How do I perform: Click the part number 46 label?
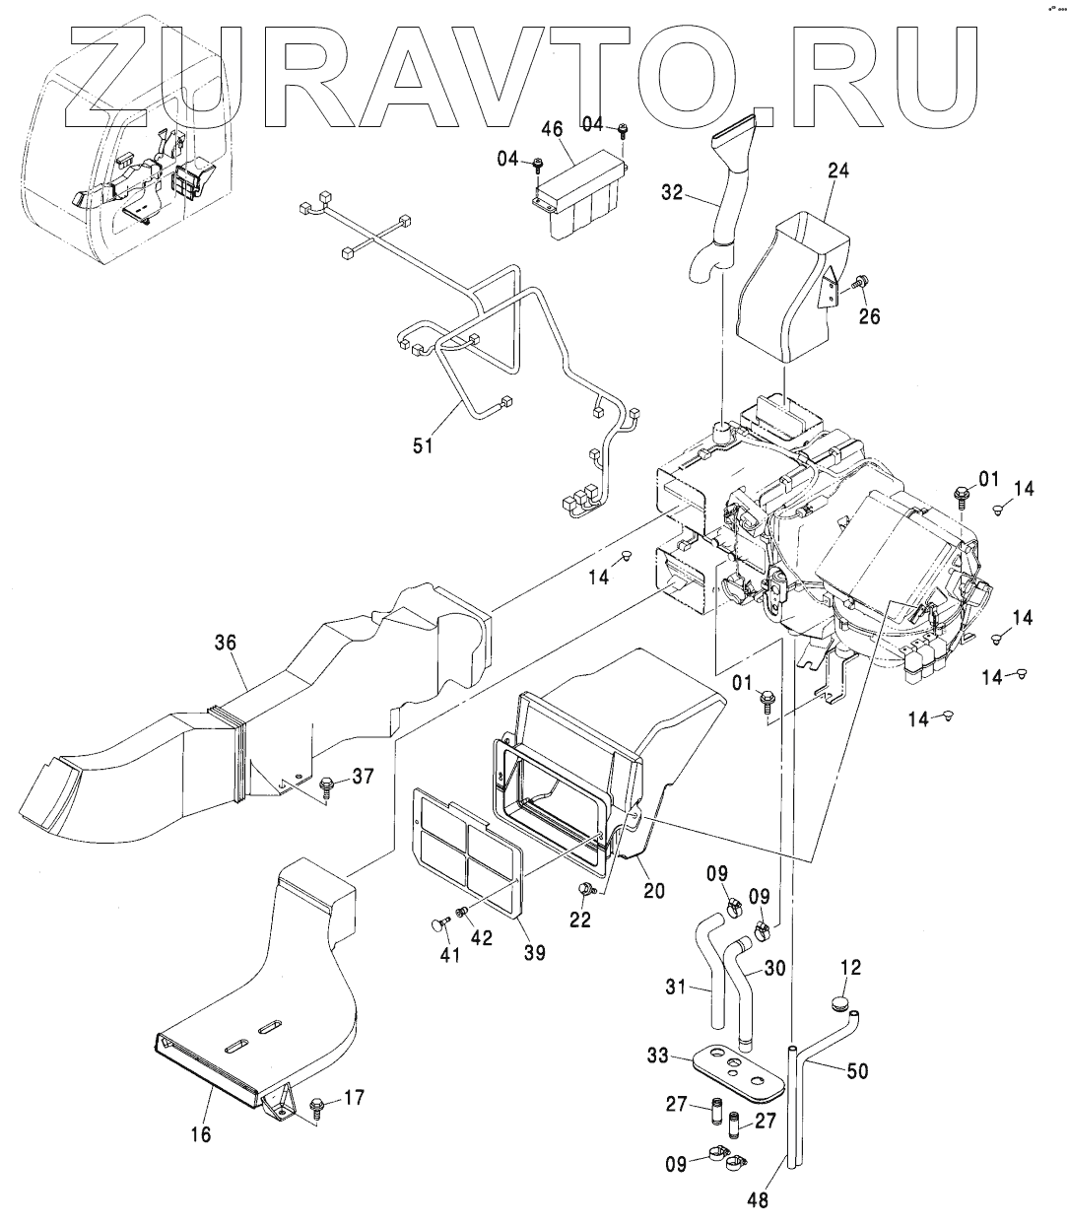click(551, 129)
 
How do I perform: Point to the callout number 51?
click(423, 446)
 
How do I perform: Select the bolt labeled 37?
click(326, 784)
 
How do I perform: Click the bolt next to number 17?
click(317, 1103)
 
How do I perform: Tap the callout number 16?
click(200, 1134)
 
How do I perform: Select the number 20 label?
click(653, 890)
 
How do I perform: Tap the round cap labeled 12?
click(839, 1004)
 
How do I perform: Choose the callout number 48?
click(758, 1200)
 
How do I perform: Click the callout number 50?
click(857, 1070)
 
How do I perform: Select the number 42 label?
click(481, 938)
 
